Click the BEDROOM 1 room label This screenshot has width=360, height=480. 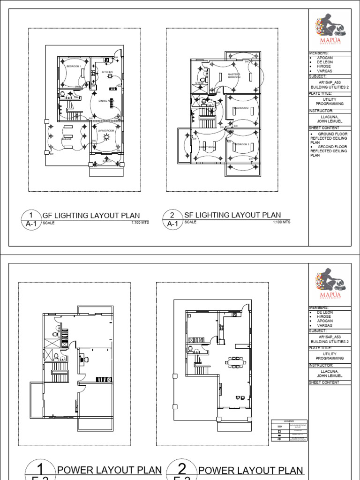74,67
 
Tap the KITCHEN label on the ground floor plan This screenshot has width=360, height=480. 107,72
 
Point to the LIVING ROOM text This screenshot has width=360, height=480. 106,130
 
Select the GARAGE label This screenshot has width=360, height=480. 66,139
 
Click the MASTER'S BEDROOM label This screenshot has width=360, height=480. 234,75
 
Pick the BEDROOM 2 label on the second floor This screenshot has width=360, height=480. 241,108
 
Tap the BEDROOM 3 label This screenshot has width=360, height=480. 242,144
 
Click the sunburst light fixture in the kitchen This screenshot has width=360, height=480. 110,76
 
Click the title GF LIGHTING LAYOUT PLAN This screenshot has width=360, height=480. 91,215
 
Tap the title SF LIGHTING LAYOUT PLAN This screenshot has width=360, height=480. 232,215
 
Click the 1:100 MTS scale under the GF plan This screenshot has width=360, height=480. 140,223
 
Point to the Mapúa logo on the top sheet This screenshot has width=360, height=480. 330,29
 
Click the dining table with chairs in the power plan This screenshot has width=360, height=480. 234,362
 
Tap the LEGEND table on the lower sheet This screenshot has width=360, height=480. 289,430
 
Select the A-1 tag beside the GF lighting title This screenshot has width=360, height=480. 31,224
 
